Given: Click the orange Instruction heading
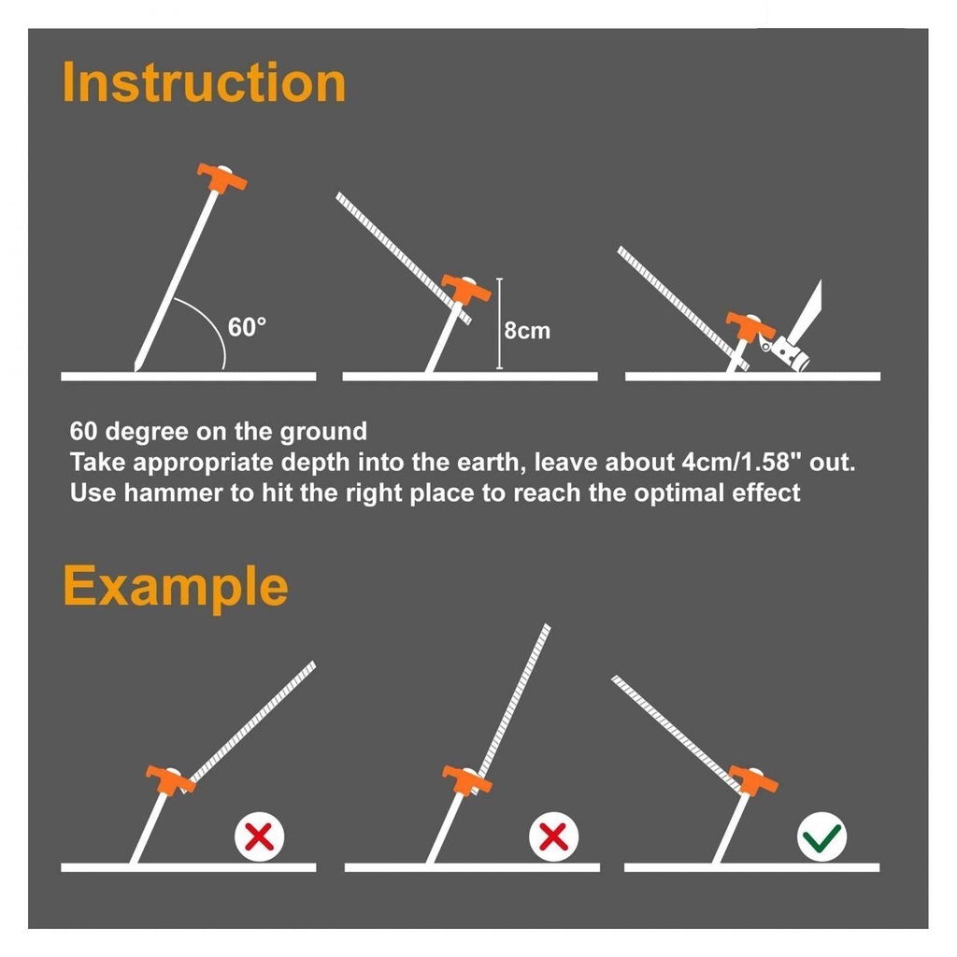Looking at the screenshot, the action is coord(205,82).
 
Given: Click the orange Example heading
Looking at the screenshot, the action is coord(176,587).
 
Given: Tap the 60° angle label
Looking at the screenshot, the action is coord(247,327).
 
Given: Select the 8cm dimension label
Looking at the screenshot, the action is coord(527,331).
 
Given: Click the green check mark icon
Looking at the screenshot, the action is coord(822,836).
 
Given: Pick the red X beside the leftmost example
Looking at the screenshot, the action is coord(260,836).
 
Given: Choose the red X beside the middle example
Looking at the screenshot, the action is coord(554,836).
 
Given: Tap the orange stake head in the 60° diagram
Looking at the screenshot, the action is coord(222,177).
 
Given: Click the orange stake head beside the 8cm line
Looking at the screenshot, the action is coord(466,289).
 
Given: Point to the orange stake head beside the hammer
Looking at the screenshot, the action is coord(750,325).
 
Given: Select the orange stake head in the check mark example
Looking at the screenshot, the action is coord(754,779).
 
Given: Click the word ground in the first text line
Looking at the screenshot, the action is coord(323,432).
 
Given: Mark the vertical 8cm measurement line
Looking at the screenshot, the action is coord(500,323).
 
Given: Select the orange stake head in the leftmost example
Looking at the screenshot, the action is coord(171,779).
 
